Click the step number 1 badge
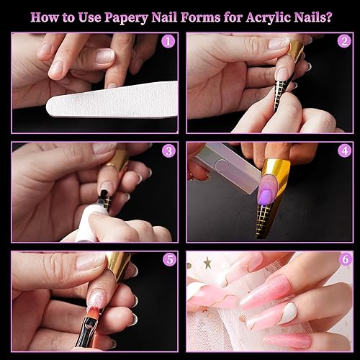click(168, 41)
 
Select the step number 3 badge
click(168, 150)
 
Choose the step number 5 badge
click(168, 259)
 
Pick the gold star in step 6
click(207, 263)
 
